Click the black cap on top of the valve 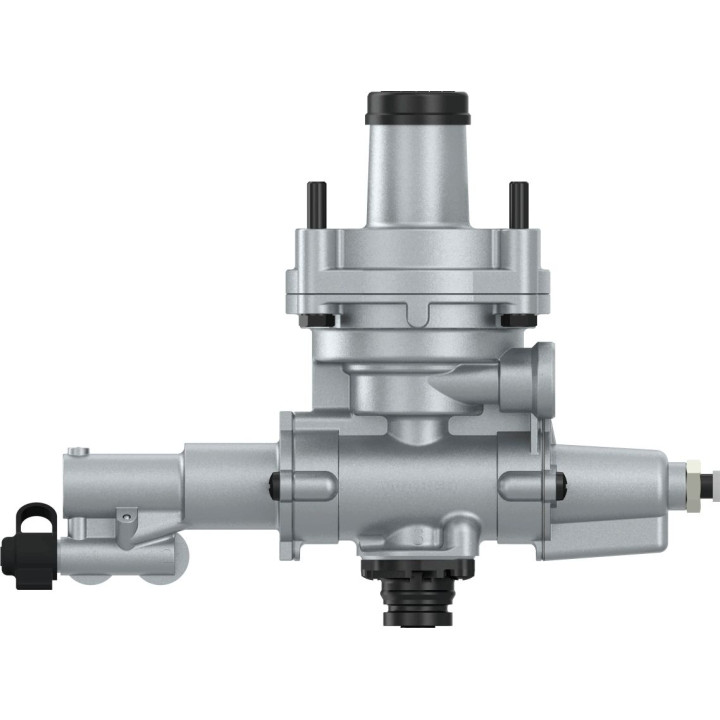point(417,105)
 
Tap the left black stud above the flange point(315,204)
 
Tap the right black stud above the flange point(518,204)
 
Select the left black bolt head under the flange point(321,320)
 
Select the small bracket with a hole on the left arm point(125,517)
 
